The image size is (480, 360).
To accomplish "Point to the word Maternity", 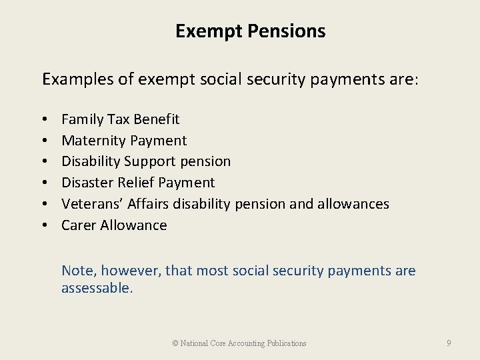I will tap(93, 141).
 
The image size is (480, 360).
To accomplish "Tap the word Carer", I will tap(79, 225).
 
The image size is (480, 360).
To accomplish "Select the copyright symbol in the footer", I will tap(175, 343).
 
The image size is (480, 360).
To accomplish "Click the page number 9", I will tap(449, 343).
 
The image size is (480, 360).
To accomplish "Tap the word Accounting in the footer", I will tap(247, 343).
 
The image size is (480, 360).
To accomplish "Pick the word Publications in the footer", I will tap(287, 343).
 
